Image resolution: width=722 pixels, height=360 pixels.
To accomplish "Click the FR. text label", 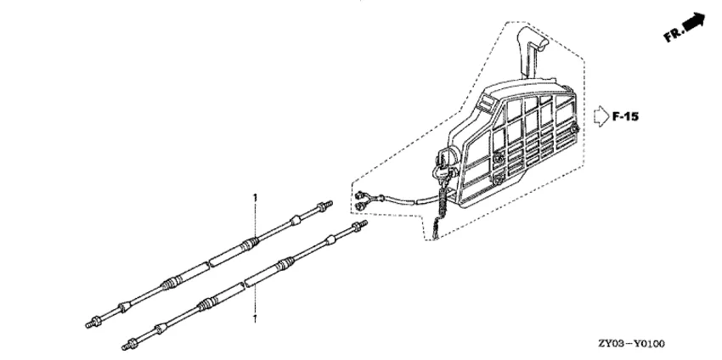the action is point(674,34).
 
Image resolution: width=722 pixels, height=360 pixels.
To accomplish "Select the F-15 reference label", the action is point(625,116).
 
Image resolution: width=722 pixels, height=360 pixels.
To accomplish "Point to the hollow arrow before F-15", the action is point(601,116).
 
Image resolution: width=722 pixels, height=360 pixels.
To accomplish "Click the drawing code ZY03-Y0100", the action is point(631,343).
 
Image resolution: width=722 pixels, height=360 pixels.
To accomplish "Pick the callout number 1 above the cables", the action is point(255,198).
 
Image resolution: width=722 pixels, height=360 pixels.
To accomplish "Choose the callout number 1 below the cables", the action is point(255,318).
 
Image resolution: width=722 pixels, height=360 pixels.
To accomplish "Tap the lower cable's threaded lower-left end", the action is point(130,344).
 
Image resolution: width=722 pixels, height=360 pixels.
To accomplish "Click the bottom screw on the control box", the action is point(497,178).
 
